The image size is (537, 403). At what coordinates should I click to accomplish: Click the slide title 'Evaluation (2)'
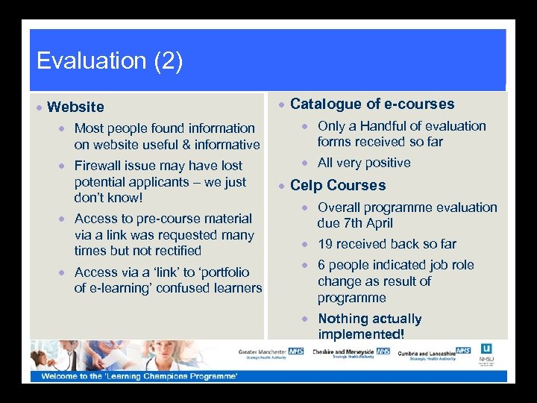(109, 60)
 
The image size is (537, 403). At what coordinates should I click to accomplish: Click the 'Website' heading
(75, 107)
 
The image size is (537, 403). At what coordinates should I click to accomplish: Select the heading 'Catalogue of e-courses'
(371, 104)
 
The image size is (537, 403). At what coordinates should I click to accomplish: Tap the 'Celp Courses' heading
(338, 185)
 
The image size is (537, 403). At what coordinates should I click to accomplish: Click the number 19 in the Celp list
(325, 244)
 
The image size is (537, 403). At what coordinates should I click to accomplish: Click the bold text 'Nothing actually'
(369, 319)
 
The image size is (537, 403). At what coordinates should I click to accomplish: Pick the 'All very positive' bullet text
(364, 163)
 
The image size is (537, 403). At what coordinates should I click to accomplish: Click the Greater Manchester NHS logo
(271, 353)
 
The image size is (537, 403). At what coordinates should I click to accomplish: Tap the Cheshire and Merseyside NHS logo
(351, 353)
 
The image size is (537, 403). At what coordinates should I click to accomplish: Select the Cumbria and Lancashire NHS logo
(434, 353)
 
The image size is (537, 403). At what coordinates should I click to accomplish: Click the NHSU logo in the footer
(486, 354)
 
